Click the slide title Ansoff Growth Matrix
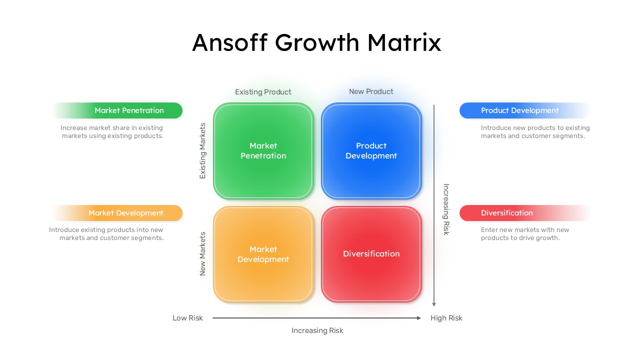point(316,42)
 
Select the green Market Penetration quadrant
point(263,150)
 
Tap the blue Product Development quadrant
point(371,150)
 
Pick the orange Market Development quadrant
point(263,254)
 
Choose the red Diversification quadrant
point(371,254)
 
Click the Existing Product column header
point(263,92)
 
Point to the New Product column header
point(371,91)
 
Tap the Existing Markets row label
point(202,150)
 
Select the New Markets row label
point(202,253)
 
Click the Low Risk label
point(187,318)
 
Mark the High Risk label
point(446,318)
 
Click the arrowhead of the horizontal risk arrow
point(419,318)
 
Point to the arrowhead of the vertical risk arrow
point(434,303)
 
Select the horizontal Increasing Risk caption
point(317,330)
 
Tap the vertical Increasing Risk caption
point(446,209)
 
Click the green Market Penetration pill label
point(129,110)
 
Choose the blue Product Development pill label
point(520,110)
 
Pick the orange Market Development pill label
point(126,213)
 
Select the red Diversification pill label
point(507,213)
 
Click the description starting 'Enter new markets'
point(525,234)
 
